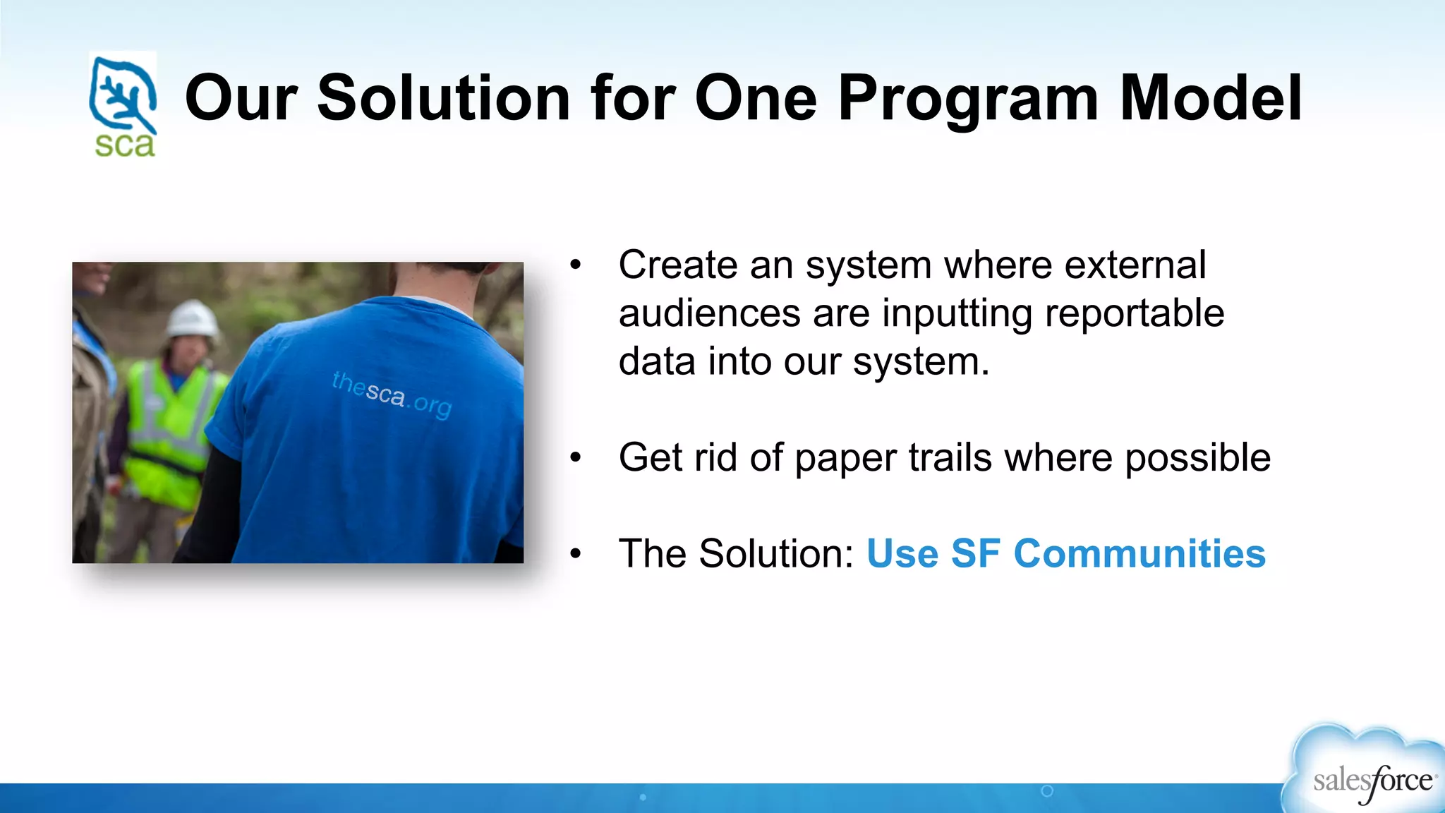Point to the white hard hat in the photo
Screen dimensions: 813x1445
(x=193, y=318)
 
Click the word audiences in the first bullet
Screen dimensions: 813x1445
(x=709, y=313)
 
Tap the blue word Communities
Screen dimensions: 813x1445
(x=1139, y=553)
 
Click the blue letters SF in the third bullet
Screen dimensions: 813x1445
(x=975, y=553)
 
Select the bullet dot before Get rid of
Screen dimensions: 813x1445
(x=576, y=458)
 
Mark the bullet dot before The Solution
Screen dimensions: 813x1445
(x=576, y=554)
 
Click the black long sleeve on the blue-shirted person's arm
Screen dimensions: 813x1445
(x=212, y=501)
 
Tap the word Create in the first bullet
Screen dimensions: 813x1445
(x=677, y=265)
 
